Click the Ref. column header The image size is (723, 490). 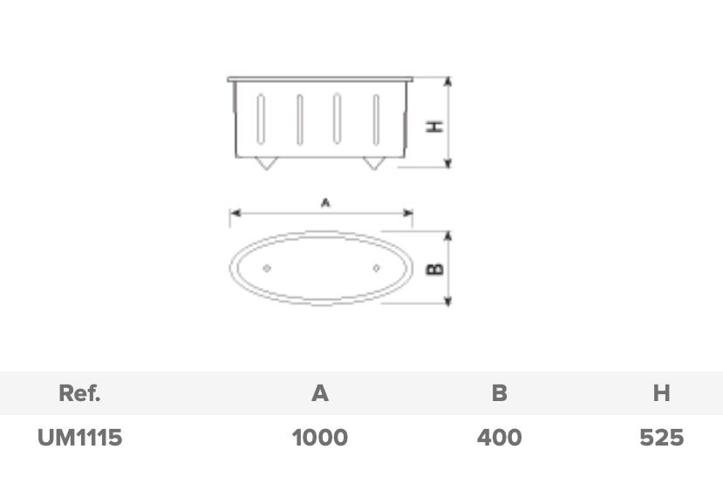pos(79,393)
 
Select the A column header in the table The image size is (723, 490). pos(320,393)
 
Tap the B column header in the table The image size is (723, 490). pos(499,393)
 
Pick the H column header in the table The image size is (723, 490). pos(661,393)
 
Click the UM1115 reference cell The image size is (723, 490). pos(79,437)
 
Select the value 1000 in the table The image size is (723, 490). pos(320,437)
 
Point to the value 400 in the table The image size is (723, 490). pos(499,437)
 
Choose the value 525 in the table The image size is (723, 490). pos(661,437)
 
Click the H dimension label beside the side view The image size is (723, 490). pos(434,126)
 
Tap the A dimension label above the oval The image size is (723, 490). pos(325,202)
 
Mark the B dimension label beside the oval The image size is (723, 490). pos(434,269)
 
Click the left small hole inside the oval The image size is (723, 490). pos(267,269)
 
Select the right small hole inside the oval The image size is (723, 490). pos(376,269)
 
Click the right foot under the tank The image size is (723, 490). pos(374,163)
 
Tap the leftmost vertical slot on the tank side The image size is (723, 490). pos(260,119)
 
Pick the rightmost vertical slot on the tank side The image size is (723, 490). pos(377,119)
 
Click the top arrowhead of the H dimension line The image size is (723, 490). pos(448,81)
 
